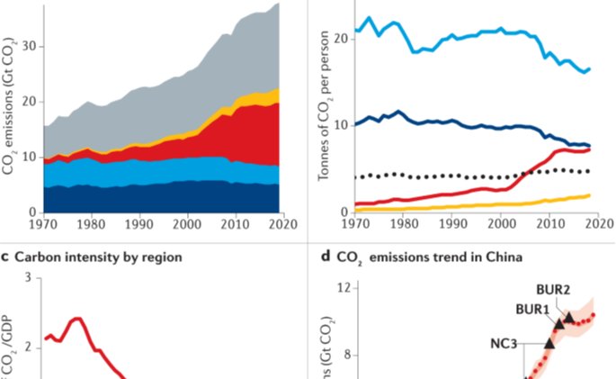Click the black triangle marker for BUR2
click(x=568, y=319)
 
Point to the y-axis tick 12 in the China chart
click(x=343, y=288)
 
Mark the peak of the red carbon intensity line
click(x=76, y=318)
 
